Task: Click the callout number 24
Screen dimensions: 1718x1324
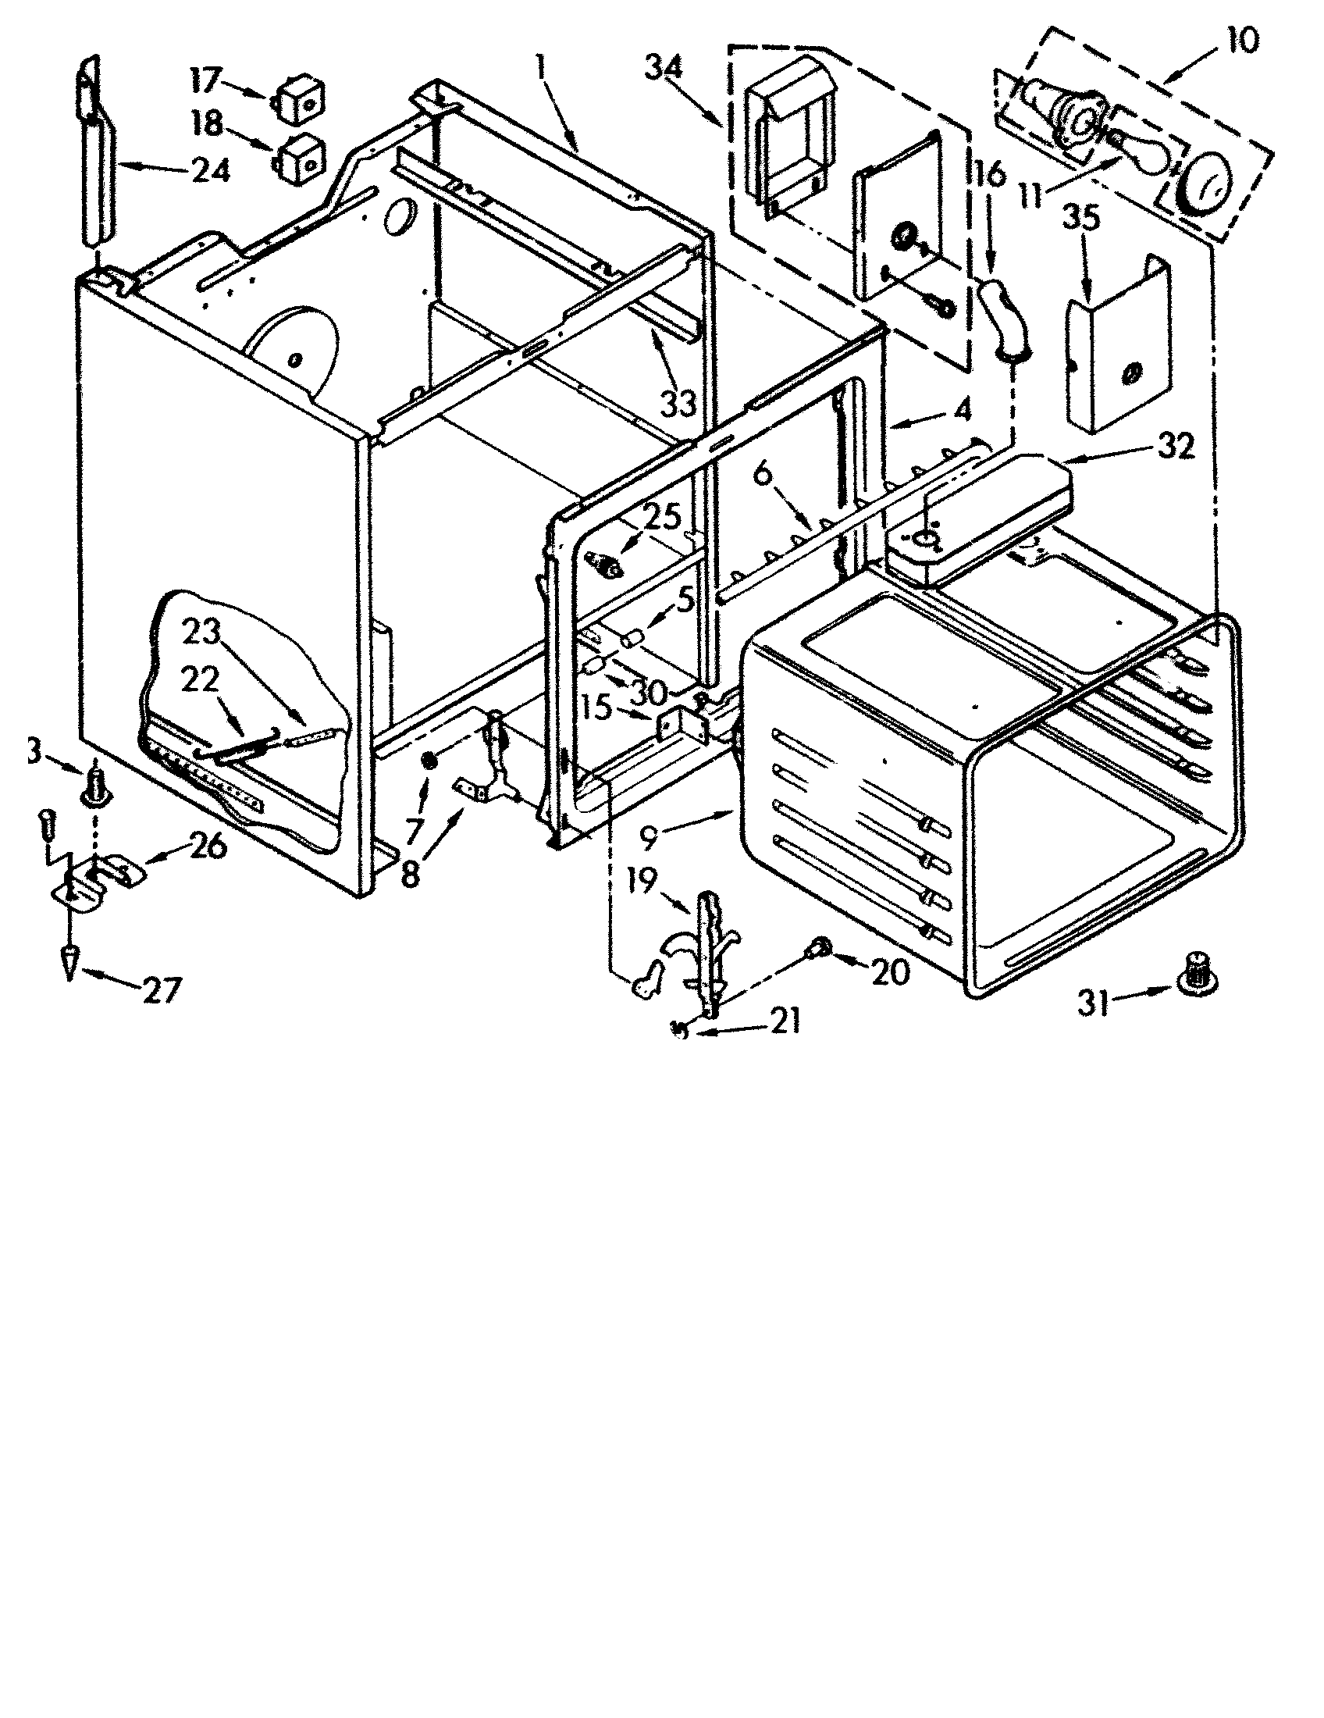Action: [210, 170]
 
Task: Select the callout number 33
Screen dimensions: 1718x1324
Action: [677, 405]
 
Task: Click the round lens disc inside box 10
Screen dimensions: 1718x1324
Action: [1208, 187]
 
